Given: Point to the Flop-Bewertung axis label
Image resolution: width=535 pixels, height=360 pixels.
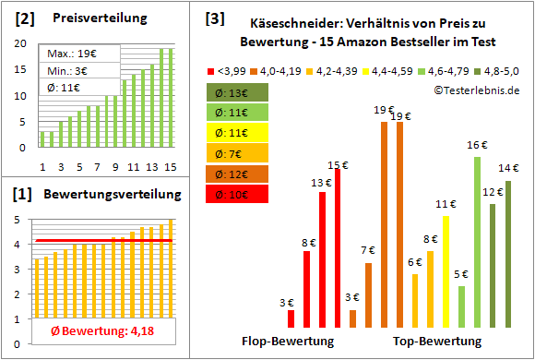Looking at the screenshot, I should tap(287, 342).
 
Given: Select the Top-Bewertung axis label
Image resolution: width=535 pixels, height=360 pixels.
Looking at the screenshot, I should tap(437, 342).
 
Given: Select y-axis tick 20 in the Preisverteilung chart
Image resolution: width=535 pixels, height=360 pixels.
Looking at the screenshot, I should tap(19, 43).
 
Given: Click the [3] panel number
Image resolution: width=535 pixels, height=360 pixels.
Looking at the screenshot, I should tap(215, 18).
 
